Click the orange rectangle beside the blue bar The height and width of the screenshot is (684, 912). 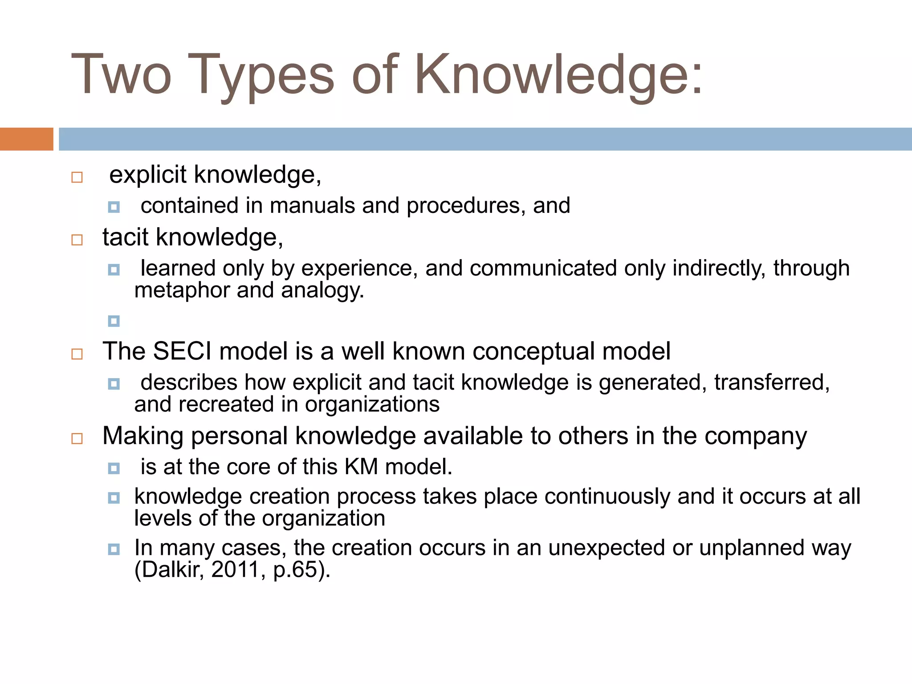coord(26,139)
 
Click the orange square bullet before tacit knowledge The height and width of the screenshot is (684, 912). coord(77,240)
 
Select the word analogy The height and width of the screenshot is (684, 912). coord(322,290)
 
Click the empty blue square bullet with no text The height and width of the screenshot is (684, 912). coord(114,321)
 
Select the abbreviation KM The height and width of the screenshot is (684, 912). coord(361,467)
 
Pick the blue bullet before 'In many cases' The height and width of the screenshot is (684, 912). coord(114,549)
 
